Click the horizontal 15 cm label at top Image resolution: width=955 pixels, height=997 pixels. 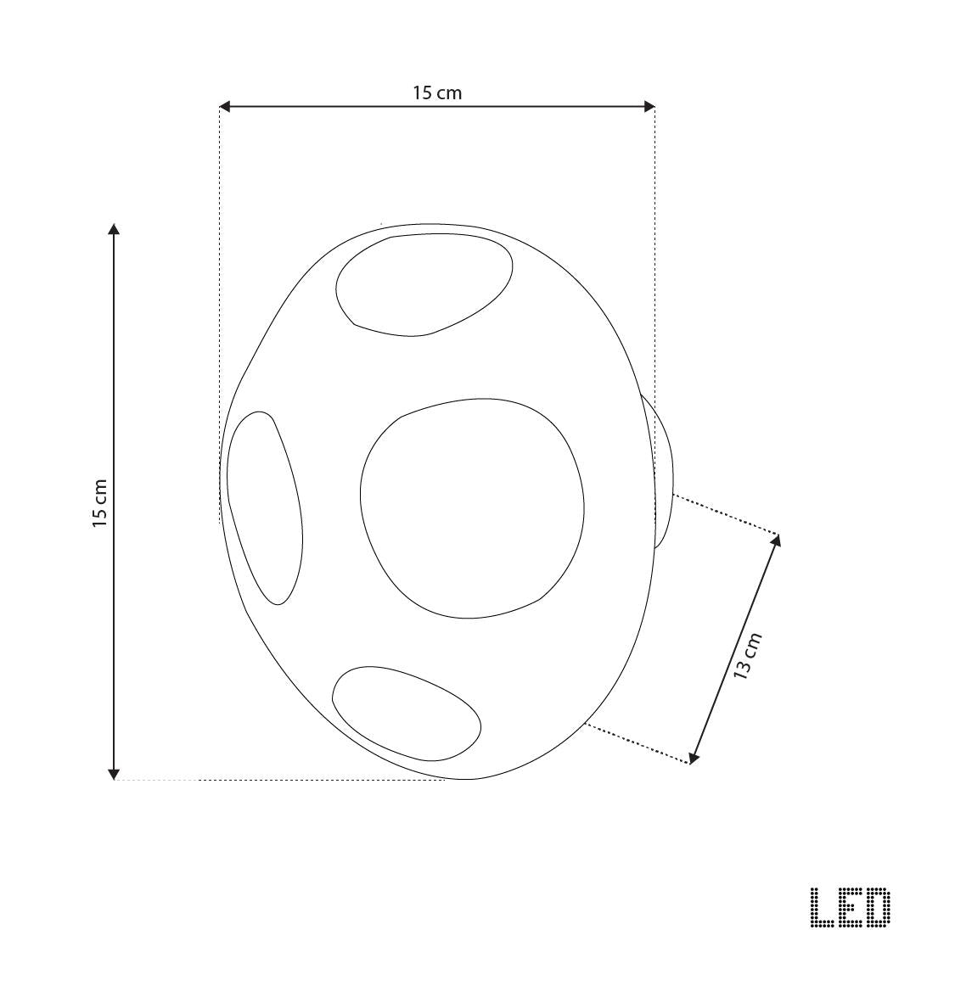coord(437,92)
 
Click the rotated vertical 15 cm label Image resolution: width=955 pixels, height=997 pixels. coord(100,503)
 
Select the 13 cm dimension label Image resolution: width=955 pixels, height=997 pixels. coord(748,656)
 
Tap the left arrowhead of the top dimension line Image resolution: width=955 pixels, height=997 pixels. coord(225,106)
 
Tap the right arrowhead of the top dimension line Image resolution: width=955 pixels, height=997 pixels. coord(649,106)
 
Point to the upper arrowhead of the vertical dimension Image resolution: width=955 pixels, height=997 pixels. coord(114,229)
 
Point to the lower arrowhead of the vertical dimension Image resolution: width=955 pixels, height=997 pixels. coord(114,773)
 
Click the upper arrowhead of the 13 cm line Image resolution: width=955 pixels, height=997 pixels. coord(776,541)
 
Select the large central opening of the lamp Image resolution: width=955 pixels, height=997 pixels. coord(472,507)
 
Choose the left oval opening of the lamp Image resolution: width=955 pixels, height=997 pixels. coord(264,507)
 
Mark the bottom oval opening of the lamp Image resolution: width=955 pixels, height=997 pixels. coord(406,713)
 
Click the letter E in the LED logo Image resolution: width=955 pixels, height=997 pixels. coord(849,907)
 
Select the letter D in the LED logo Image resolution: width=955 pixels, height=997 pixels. coord(878,907)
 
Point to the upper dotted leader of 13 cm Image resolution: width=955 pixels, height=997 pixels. coord(726,514)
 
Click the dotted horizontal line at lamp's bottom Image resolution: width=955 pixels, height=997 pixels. coord(280,780)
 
